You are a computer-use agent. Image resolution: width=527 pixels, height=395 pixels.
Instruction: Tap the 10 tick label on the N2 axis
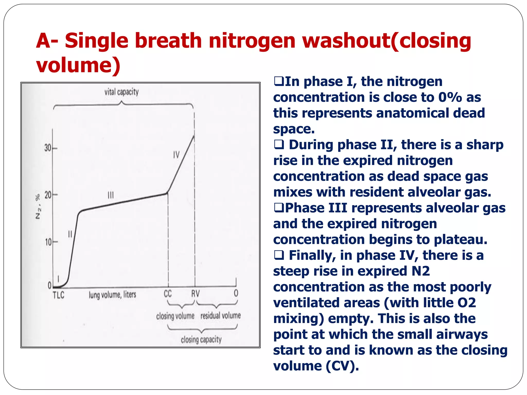(x=48, y=242)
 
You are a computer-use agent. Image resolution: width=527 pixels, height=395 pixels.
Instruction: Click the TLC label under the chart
(x=58, y=295)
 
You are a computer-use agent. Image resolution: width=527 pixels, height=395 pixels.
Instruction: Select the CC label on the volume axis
(x=168, y=293)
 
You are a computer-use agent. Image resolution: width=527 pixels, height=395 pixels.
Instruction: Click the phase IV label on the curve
(x=176, y=155)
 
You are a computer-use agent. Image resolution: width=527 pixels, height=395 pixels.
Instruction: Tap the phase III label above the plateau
(x=111, y=195)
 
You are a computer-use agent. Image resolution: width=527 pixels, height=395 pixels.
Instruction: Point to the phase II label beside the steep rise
(x=70, y=234)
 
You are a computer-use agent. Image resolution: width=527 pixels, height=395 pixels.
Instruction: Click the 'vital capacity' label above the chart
(x=121, y=92)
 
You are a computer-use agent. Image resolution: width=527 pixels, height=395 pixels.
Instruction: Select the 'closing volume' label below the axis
(x=175, y=316)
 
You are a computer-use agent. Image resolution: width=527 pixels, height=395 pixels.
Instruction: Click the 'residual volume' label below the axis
(x=221, y=316)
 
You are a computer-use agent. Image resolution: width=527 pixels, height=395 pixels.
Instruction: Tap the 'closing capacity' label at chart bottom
(x=201, y=340)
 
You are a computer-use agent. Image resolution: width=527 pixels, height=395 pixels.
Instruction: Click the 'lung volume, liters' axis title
(x=112, y=295)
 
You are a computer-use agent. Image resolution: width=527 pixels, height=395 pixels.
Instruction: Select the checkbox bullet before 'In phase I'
(x=278, y=82)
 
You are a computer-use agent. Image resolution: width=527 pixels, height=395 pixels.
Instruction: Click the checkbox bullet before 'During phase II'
(x=279, y=145)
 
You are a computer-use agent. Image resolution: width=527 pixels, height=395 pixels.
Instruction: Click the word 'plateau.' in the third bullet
(x=461, y=239)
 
